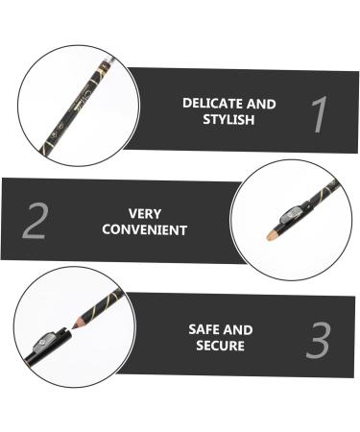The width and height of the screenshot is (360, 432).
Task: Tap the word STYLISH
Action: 228,119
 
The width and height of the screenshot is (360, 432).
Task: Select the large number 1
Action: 319,114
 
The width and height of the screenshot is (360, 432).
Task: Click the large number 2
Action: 35,221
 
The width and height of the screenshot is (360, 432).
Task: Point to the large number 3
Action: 319,341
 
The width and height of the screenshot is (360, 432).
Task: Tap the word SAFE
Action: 206,329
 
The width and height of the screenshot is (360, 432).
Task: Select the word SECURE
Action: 220,346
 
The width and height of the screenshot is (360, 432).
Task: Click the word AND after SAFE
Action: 239,329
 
